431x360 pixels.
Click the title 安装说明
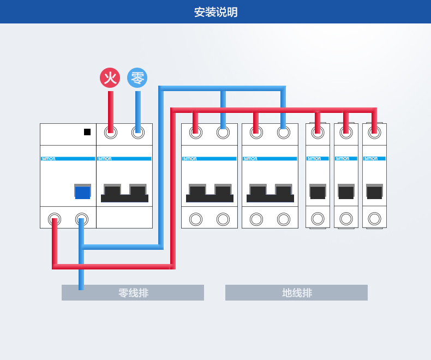point(215,12)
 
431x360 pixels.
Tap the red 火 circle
point(110,77)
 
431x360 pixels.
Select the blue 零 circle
point(137,77)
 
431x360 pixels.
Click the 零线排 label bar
point(133,293)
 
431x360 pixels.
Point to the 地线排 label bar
point(297,293)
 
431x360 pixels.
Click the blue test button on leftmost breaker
point(82,192)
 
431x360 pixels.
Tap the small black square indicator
point(87,131)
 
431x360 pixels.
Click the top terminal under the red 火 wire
point(111,132)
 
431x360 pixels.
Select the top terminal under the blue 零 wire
point(138,132)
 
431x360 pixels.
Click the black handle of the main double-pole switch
point(124,193)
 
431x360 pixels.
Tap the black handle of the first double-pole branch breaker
point(209,193)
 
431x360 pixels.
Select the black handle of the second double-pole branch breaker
point(270,193)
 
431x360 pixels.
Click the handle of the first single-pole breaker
point(318,192)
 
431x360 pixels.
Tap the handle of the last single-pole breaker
point(374,192)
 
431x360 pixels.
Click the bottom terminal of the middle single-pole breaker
point(346,219)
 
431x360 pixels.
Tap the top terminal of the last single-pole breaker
point(374,132)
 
